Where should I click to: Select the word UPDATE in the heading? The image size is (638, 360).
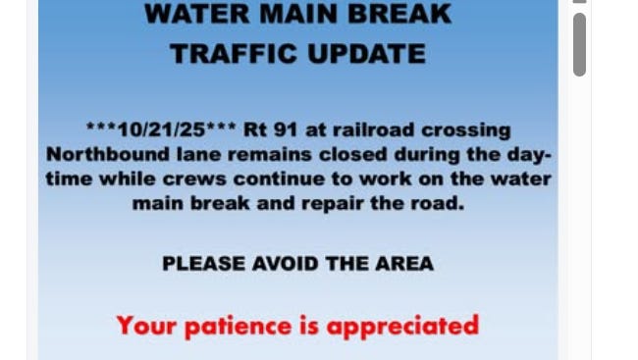click(x=367, y=54)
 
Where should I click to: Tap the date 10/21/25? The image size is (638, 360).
click(x=161, y=130)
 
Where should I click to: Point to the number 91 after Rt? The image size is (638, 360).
click(x=286, y=130)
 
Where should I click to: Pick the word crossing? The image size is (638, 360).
click(x=466, y=131)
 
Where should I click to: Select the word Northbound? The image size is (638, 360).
click(x=107, y=155)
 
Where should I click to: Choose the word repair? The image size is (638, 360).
click(x=333, y=204)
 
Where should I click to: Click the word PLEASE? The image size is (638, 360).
click(x=204, y=264)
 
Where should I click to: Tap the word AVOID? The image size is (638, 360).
click(x=286, y=264)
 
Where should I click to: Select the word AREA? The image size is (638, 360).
click(x=404, y=264)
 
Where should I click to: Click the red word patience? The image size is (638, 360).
click(x=239, y=327)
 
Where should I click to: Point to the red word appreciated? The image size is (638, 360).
click(x=402, y=327)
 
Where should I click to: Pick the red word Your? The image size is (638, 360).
click(x=146, y=326)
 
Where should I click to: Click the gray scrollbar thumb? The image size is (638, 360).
click(x=579, y=45)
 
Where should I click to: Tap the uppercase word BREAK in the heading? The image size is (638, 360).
click(x=399, y=14)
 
